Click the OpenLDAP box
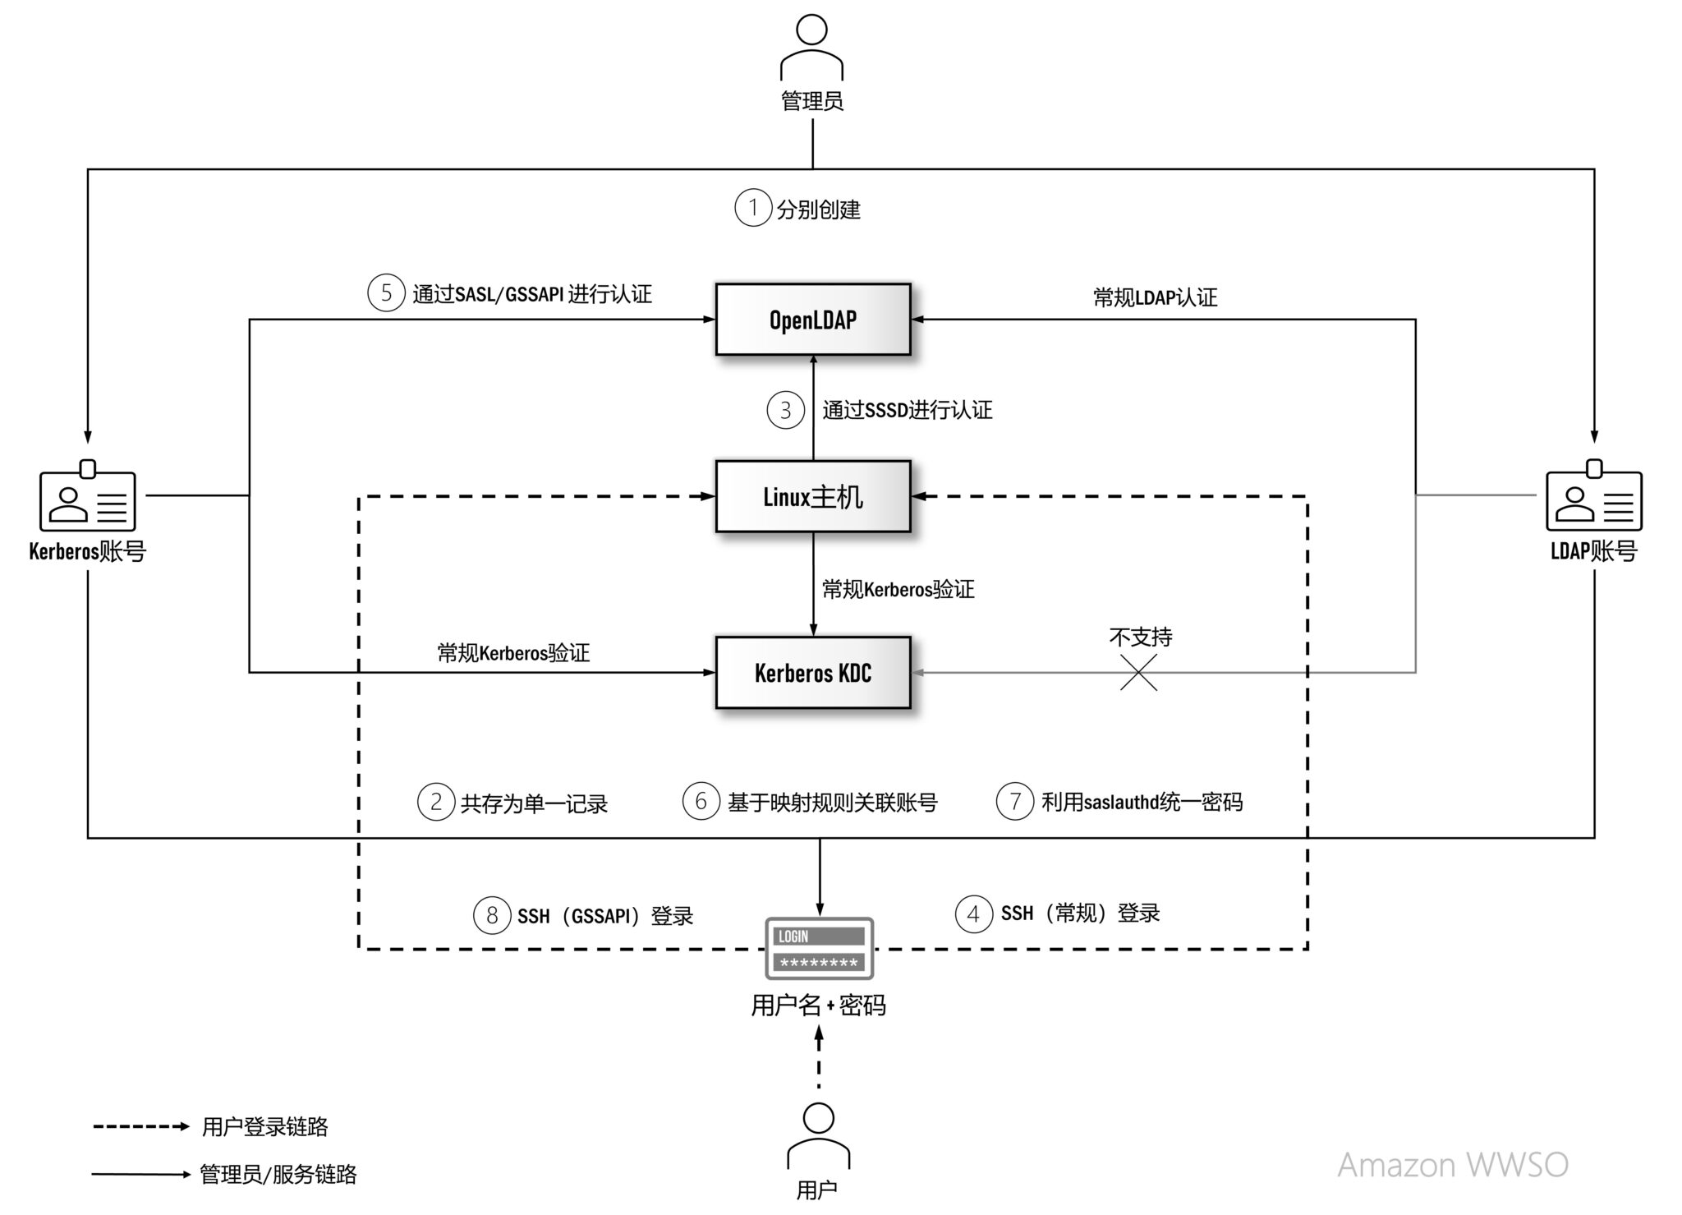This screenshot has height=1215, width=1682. coord(812,320)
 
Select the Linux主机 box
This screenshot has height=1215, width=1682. coord(812,496)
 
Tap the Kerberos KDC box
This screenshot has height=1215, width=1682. coord(812,673)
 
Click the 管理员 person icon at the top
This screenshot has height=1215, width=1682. coord(811,48)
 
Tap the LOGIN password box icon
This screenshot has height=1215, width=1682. coord(819,949)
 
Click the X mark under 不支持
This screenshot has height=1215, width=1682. coord(1138,673)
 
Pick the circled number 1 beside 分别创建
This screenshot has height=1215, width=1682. coord(752,208)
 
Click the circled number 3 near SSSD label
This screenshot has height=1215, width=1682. coord(785,409)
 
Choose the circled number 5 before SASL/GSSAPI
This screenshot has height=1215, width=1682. coord(386,292)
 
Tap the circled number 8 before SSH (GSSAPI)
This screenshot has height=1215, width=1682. coord(491,914)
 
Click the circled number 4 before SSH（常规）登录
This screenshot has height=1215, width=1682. coord(973,913)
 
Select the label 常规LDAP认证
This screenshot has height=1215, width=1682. coord(1155,297)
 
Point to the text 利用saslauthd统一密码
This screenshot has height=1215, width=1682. coord(1142,802)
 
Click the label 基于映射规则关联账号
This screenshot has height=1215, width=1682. coord(832,802)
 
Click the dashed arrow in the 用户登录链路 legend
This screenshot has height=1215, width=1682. coord(140,1126)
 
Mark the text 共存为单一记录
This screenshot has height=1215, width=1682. coord(534,803)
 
